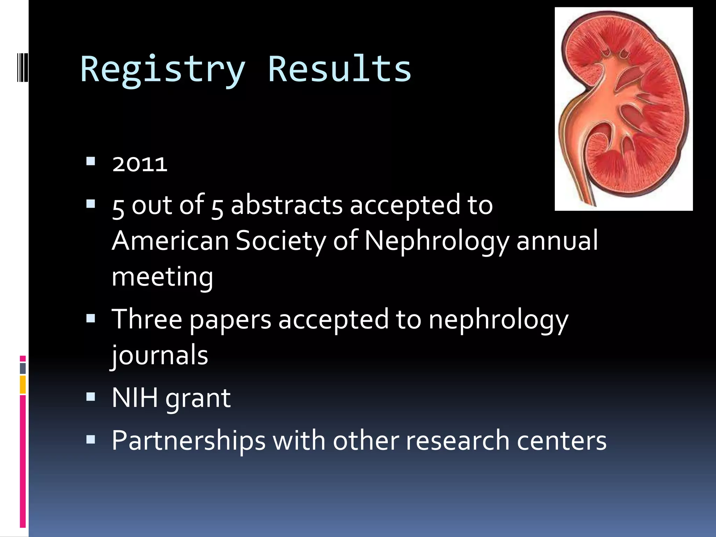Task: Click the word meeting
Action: tap(162, 277)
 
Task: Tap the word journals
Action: tap(160, 355)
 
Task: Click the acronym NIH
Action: tap(135, 398)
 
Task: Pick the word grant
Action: tap(198, 399)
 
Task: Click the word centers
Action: tap(561, 441)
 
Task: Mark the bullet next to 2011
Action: tap(91, 161)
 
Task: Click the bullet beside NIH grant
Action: tap(91, 396)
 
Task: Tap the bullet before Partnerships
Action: tap(91, 439)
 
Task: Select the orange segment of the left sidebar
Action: tap(23, 385)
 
